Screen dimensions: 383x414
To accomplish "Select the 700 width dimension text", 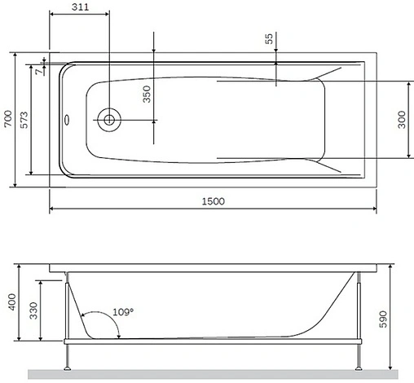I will pos(8,121).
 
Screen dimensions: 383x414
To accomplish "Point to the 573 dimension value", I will pos(26,121).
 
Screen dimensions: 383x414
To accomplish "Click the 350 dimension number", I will pos(147,95).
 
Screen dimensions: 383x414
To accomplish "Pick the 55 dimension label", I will pos(270,40).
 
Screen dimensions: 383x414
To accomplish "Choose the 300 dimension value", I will pos(400,120).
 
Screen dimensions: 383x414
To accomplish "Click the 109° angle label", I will pos(122,312).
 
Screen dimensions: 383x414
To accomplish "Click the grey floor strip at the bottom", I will pos(212,373).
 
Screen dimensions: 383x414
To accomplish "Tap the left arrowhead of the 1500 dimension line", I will pos(53,209).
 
